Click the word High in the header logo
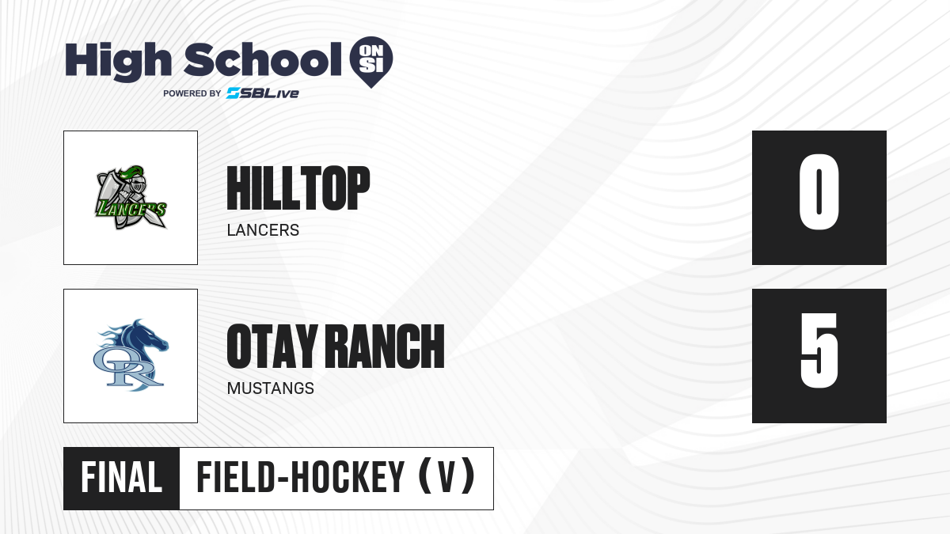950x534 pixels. [118, 62]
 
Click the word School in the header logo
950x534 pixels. [263, 60]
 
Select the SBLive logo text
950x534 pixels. [263, 93]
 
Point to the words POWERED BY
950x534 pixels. [192, 93]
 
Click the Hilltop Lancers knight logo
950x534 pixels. [131, 198]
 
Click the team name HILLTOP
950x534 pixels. [298, 188]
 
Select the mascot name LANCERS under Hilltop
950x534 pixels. [263, 230]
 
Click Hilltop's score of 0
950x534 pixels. [819, 192]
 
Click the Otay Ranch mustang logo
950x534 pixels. [131, 355]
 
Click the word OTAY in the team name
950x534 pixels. [272, 347]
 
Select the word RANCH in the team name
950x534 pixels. [387, 347]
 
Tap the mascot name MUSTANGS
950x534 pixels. [271, 388]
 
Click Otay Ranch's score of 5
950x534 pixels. [819, 350]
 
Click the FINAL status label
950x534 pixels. [121, 478]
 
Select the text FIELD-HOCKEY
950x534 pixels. [301, 477]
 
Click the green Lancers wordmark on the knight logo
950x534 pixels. [131, 209]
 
